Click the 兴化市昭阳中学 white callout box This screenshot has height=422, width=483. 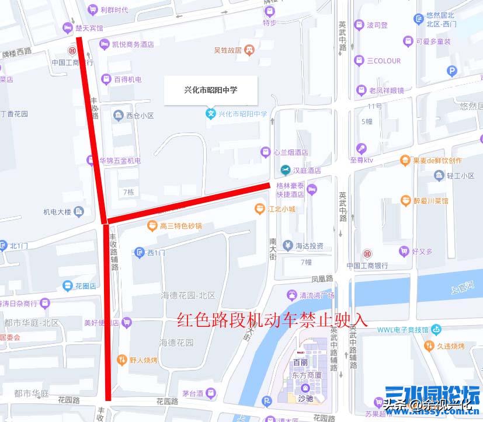pos(210,90)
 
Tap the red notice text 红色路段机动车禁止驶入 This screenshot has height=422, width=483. pos(273,320)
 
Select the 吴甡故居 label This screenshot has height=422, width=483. pos(228,50)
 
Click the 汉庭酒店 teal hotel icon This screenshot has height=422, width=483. pos(285,170)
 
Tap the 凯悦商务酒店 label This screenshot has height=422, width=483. pos(133,44)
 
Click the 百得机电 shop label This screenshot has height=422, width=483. pos(127,79)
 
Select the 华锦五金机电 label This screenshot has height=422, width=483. pos(120,161)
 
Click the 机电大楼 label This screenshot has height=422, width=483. pos(57,212)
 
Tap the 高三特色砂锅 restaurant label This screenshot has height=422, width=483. pos(180,226)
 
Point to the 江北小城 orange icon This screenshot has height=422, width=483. pos(259,208)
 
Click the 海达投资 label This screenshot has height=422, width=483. pos(309,245)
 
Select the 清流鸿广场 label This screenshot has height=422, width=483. pos(317,295)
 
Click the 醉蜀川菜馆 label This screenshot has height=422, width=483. pos(430,201)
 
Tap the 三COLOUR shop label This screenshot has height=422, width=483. pos(384,61)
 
